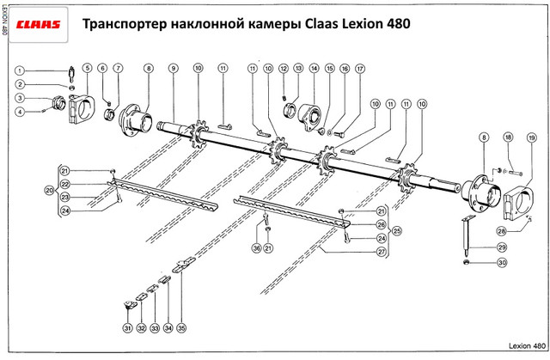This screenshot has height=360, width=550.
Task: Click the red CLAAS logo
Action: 36,25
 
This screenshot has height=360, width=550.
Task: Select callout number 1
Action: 21,71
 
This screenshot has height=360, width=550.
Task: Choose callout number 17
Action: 359,68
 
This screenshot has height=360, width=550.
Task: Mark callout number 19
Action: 532,138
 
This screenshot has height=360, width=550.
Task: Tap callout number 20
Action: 49,189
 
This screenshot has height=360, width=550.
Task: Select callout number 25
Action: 397,231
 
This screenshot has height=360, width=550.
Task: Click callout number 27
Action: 381,251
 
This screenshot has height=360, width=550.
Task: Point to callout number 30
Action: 502,262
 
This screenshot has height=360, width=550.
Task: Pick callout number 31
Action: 127,328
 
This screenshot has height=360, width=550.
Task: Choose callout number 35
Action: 181,328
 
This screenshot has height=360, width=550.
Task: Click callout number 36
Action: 255,248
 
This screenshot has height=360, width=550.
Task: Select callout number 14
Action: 314,68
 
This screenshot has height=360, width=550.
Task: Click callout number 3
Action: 21,99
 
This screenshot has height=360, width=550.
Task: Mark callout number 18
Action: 509,138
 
